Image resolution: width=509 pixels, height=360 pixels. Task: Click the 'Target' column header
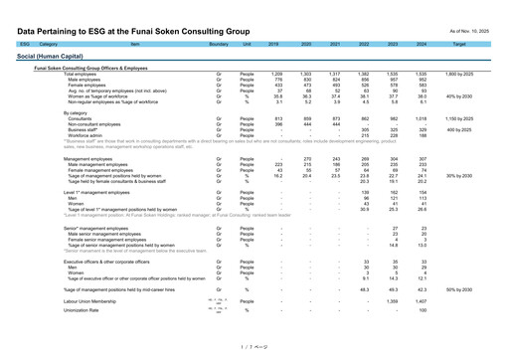tap(458, 45)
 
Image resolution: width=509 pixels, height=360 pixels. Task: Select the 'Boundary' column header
tap(219, 45)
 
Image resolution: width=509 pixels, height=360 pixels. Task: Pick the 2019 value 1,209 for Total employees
tap(277, 75)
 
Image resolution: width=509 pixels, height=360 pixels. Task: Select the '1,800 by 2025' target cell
tap(458, 75)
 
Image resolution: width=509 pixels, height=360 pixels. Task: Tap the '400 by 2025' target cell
tap(458, 129)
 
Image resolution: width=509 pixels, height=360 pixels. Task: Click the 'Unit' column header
tap(247, 45)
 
